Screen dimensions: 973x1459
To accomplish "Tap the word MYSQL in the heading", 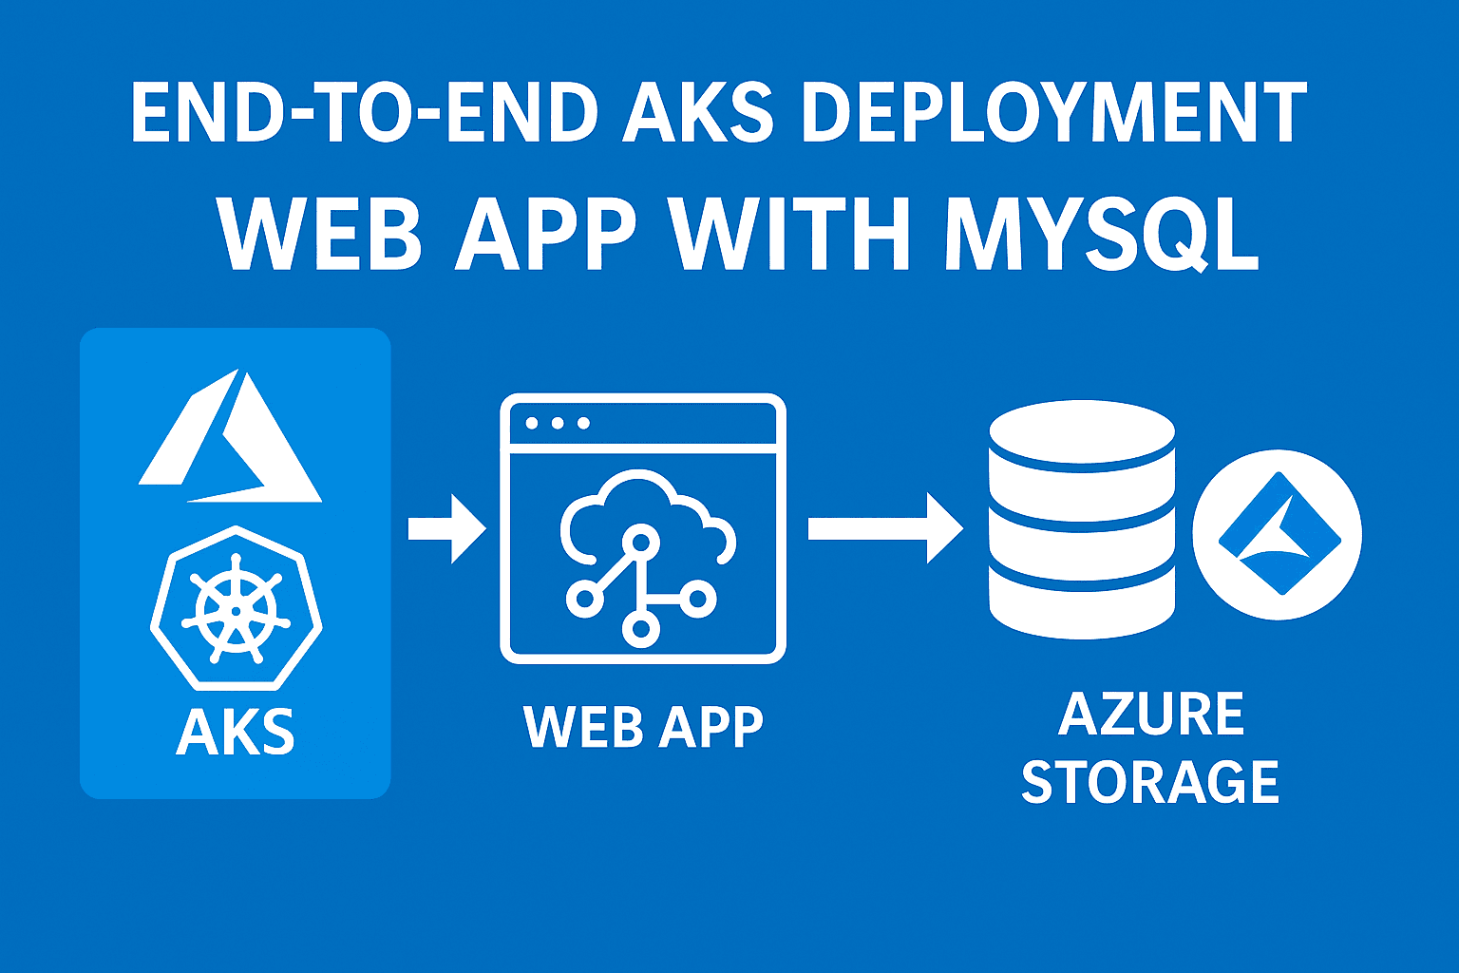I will click(1102, 234).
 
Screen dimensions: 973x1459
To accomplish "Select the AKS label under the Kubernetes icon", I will click(236, 732).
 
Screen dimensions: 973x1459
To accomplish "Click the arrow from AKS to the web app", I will click(446, 528).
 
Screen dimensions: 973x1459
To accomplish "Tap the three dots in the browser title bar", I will click(558, 423).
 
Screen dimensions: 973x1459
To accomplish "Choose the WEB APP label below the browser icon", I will click(643, 728).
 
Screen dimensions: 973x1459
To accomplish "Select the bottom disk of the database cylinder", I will click(1082, 603).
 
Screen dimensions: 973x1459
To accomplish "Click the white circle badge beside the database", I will click(1278, 535).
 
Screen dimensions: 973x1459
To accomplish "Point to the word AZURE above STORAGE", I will click(1151, 715).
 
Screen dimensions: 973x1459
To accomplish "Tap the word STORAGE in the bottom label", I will click(1150, 782).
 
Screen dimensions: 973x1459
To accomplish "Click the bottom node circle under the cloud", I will click(641, 628).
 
